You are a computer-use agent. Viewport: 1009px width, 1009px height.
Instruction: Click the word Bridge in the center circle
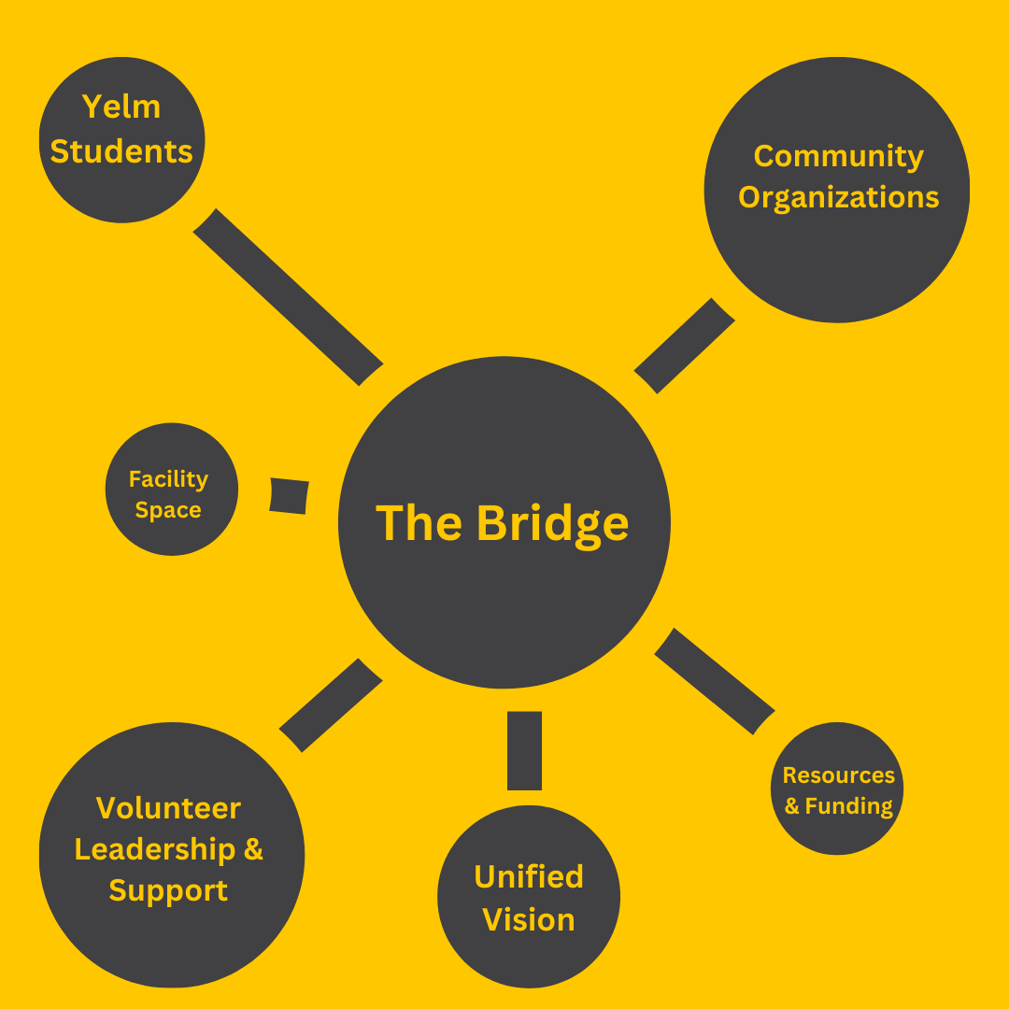pos(552,524)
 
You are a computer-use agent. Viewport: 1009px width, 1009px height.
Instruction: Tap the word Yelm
pos(121,107)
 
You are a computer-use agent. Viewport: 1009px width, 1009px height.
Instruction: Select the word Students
pos(121,150)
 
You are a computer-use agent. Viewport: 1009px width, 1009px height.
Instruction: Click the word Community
pos(838,156)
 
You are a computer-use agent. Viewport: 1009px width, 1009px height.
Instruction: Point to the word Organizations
pos(838,197)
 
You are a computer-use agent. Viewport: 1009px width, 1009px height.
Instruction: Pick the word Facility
pos(168,479)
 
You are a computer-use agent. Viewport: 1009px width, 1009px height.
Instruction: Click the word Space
pos(168,510)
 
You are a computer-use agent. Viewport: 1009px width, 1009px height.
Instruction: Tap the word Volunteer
pos(168,807)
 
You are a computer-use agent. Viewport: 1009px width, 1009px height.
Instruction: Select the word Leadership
pos(155,849)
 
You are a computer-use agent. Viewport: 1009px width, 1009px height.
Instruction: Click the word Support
pos(168,890)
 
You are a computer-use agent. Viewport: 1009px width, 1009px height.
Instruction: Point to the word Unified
pos(529,876)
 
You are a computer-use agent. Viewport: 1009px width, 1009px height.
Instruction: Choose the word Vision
pos(529,919)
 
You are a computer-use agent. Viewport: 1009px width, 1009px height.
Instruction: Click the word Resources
pos(838,775)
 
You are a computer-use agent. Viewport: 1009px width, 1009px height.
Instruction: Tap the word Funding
pos(849,805)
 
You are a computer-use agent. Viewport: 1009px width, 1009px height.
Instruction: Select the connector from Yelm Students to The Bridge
pos(288,297)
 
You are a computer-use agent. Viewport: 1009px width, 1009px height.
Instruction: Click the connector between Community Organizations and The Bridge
pos(685,346)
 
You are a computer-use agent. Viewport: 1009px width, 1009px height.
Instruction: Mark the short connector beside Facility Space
pos(289,495)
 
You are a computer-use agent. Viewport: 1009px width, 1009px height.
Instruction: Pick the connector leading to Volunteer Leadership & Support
pos(331,705)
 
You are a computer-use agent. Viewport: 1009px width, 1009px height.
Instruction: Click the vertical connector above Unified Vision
pos(524,750)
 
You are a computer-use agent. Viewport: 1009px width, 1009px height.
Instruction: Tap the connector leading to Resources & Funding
pos(715,680)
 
